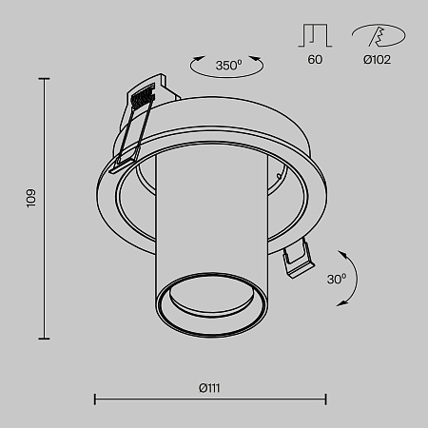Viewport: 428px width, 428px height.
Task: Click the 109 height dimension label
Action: pos(30,199)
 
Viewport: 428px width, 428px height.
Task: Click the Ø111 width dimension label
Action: pos(210,388)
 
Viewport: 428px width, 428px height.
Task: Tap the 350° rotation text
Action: pos(228,66)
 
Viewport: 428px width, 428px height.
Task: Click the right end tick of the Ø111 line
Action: pos(326,399)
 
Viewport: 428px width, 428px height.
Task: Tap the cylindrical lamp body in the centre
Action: pos(209,219)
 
